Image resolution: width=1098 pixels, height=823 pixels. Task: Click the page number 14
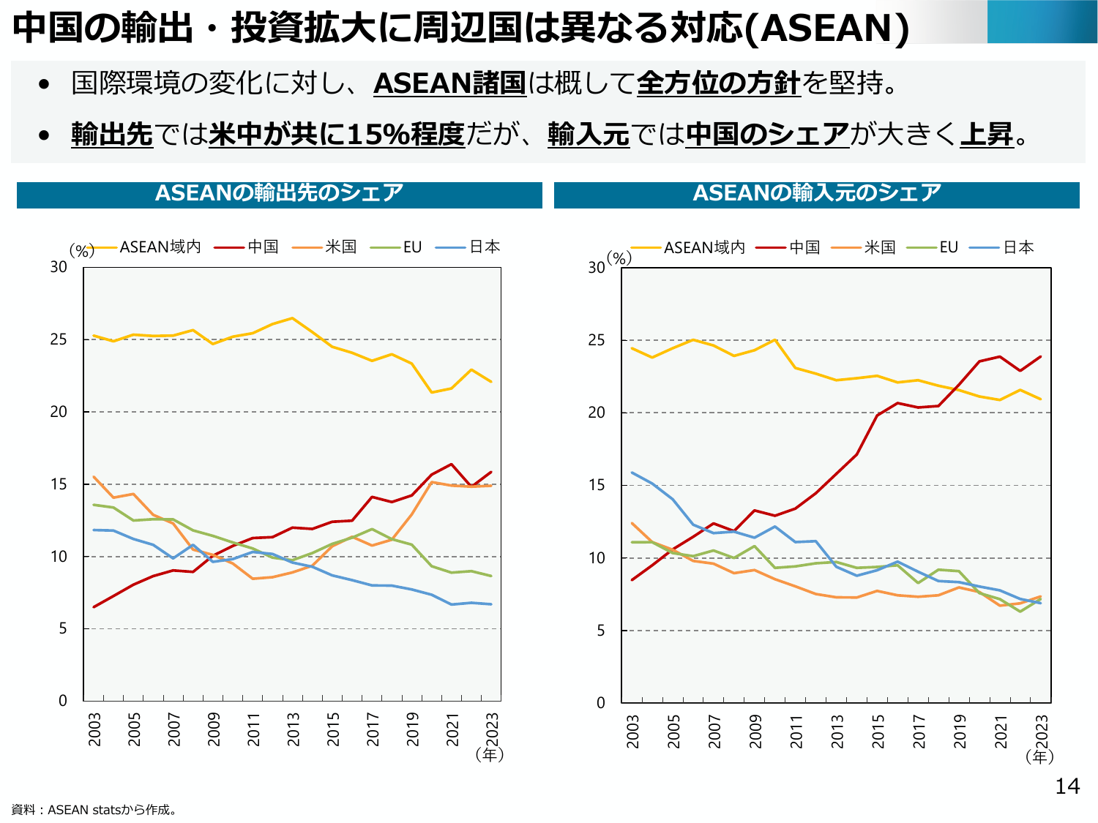(1067, 786)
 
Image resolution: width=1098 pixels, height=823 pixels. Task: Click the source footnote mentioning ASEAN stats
(94, 810)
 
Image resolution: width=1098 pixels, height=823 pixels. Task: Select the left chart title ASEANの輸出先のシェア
(279, 193)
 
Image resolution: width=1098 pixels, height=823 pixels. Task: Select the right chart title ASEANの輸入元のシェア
(816, 193)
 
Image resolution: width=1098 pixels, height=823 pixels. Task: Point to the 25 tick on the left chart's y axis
(59, 339)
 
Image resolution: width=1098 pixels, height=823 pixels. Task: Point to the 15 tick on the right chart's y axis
(597, 485)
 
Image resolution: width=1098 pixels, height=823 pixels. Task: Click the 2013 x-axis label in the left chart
(294, 729)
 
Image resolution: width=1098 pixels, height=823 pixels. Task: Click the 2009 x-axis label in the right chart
(755, 731)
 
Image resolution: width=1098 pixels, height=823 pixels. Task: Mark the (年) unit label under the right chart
(1039, 756)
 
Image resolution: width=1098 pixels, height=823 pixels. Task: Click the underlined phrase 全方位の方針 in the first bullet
(718, 83)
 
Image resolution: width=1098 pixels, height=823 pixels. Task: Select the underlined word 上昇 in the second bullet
(987, 134)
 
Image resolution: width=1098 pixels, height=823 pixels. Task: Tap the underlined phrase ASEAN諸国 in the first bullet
(449, 83)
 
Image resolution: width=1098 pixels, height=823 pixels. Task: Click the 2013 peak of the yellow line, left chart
(293, 318)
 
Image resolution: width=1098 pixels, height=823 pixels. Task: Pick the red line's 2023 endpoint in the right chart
(1040, 357)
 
